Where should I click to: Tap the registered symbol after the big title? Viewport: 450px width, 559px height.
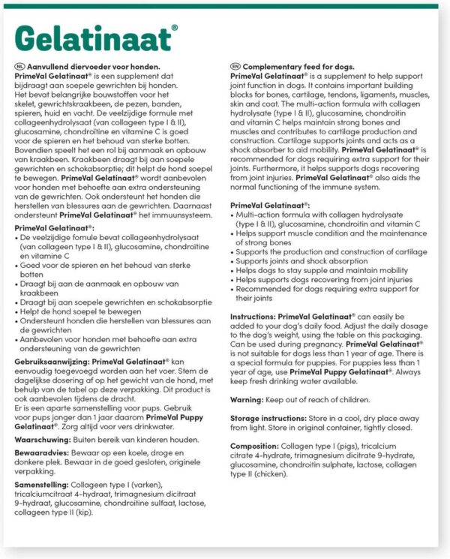[175, 28]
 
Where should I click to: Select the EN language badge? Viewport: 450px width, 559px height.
[235, 67]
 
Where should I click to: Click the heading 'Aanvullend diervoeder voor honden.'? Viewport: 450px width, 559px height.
[93, 67]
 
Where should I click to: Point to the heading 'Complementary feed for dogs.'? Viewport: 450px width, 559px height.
[299, 67]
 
